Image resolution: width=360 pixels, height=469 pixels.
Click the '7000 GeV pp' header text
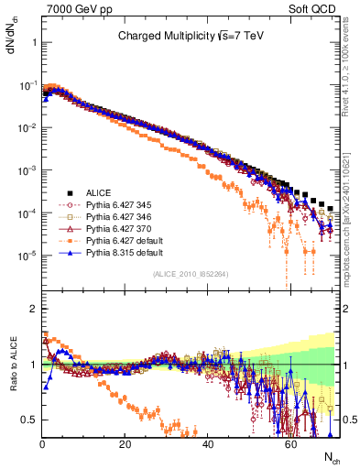coord(76,8)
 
